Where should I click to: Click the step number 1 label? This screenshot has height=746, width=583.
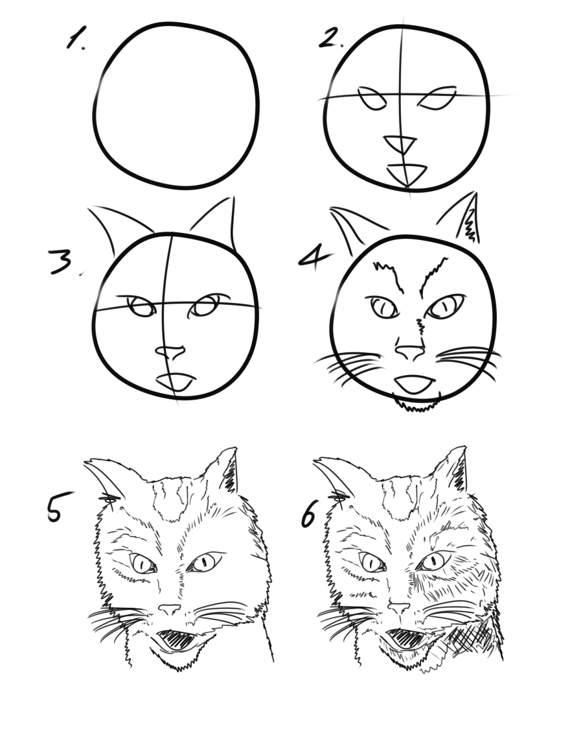[x=76, y=38]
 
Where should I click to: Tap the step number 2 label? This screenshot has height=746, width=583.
[x=330, y=38]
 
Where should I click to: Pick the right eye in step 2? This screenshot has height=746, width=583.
[x=437, y=98]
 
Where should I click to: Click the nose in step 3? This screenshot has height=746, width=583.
[x=170, y=352]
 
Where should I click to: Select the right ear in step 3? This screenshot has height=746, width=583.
[x=214, y=223]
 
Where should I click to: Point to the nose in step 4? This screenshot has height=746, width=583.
[x=409, y=352]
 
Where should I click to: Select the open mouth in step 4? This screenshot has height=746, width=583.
[x=415, y=385]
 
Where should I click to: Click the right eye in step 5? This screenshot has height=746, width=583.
[x=205, y=562]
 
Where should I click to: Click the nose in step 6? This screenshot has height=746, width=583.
[x=398, y=608]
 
